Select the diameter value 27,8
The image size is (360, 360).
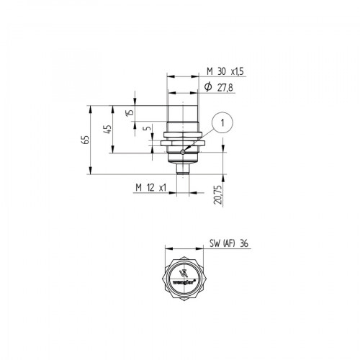coord(226,86)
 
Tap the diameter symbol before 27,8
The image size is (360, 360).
coord(207,86)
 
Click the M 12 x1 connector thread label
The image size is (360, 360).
coord(150,188)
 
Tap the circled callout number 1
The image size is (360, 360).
coord(224,123)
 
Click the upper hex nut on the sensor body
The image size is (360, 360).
coord(184,133)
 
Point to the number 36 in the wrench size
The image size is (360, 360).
coord(245,243)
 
